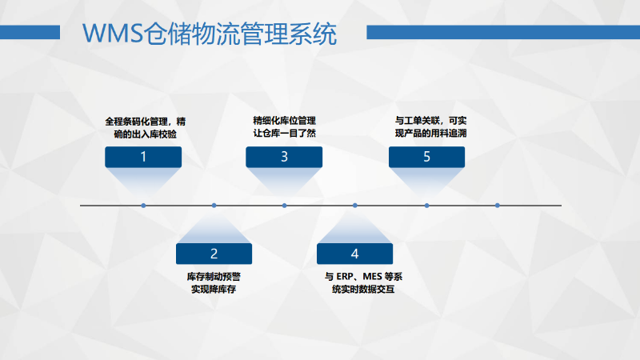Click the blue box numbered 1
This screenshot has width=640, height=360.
tap(143, 157)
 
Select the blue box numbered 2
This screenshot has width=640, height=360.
tap(214, 254)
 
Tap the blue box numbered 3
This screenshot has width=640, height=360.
tap(284, 157)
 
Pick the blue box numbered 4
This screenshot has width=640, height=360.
tap(354, 254)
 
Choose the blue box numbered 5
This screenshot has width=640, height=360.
tap(426, 157)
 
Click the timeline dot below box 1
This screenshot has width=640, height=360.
tap(143, 206)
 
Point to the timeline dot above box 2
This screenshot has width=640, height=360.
tap(214, 206)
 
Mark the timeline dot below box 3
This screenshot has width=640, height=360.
tap(284, 206)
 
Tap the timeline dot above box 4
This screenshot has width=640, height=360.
tap(354, 206)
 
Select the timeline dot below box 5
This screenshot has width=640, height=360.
tap(426, 206)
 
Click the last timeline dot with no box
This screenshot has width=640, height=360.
tap(497, 206)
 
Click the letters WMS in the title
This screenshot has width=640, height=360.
tap(113, 33)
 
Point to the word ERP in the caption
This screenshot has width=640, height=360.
tap(345, 277)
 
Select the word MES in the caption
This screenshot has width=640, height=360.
tap(372, 277)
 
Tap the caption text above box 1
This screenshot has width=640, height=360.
tap(146, 128)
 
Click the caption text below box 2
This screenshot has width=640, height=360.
tap(214, 283)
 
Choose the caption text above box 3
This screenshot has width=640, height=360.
tap(285, 127)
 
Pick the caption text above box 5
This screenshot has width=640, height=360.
tap(430, 127)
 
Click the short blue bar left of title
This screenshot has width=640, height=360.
tap(30, 32)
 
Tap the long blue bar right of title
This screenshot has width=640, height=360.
tap(503, 32)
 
